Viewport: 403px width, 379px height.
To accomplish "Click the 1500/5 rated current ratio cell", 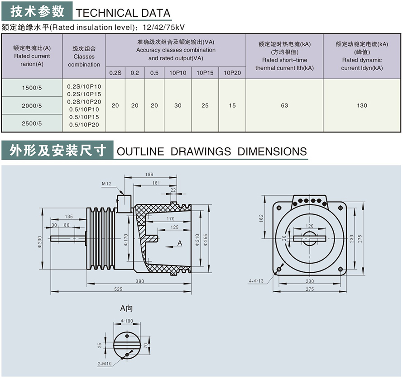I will [32, 88].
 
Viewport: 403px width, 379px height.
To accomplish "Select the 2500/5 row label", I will [32, 123].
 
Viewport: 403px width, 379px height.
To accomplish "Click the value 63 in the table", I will [284, 105].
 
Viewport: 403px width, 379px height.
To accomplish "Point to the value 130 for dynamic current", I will [362, 105].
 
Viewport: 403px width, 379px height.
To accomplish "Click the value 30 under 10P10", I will [178, 105].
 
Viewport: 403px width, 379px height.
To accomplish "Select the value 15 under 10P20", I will [232, 105].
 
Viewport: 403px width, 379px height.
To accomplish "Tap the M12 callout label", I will [106, 184].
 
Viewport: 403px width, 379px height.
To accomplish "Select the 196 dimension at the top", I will [149, 175].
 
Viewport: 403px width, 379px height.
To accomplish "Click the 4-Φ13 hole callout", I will [256, 281].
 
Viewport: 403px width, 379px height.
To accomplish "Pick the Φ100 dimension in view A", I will [127, 321].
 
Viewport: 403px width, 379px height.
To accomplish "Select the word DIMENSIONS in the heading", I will [272, 151].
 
